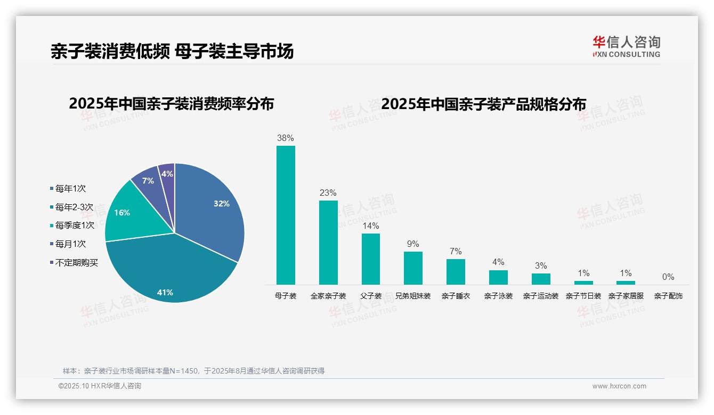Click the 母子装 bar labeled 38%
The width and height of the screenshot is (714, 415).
point(286,215)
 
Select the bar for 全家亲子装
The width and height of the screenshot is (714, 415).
point(328,242)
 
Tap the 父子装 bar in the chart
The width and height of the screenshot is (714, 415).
point(371,259)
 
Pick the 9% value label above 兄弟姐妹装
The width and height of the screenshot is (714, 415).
point(413,244)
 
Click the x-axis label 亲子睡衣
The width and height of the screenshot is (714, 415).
point(456,296)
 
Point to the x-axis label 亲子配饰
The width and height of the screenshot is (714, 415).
point(668,296)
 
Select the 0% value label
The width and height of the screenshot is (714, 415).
point(668,277)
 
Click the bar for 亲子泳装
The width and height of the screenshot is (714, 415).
point(498,277)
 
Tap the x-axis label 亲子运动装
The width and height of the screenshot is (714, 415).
point(541,296)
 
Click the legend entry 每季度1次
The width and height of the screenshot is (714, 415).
point(75,226)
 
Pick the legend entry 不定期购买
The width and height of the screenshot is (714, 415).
point(76,263)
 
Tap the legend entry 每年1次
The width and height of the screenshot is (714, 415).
point(70,189)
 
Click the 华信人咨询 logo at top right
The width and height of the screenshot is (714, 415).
point(626,46)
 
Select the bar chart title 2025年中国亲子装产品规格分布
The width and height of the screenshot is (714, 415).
point(483,104)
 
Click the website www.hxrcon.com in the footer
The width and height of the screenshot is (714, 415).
point(619,386)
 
